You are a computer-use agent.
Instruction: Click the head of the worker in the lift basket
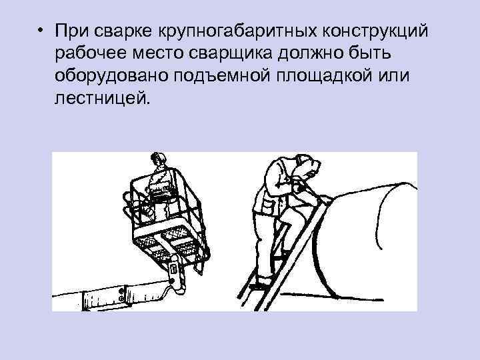point(159,161)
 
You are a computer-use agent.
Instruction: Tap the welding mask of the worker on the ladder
point(308,167)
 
